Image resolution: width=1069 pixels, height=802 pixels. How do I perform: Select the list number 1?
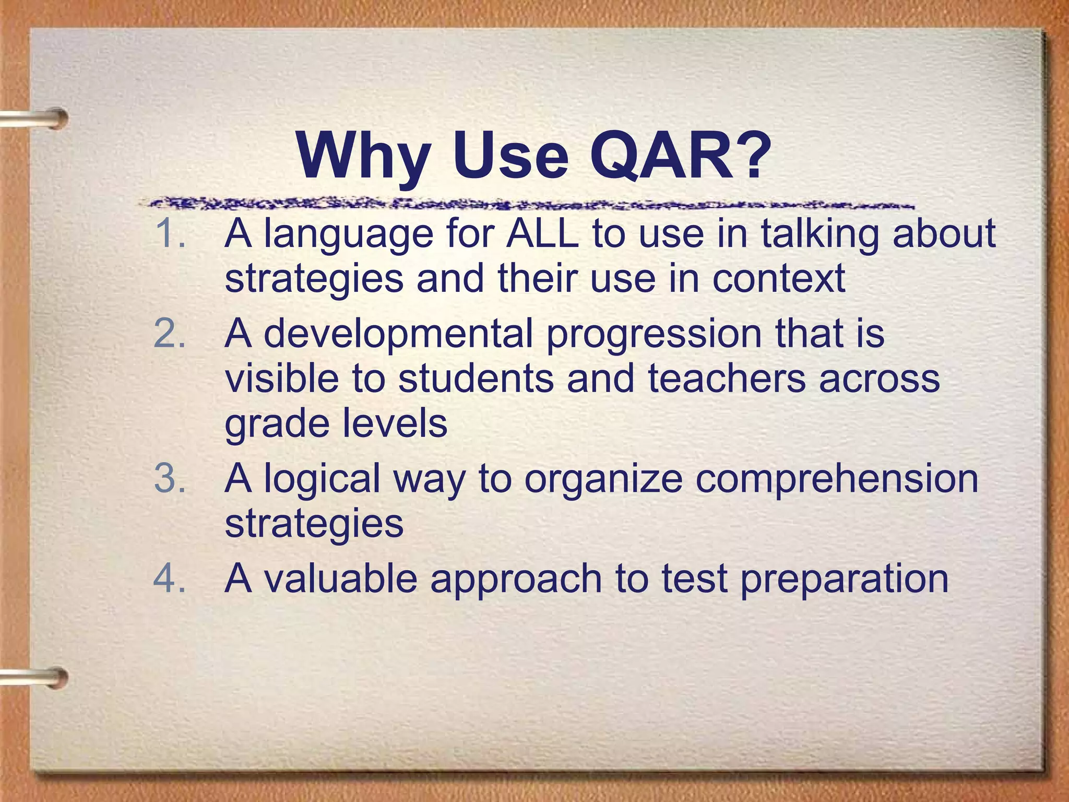[x=170, y=233]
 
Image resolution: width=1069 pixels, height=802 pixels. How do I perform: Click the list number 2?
[x=170, y=333]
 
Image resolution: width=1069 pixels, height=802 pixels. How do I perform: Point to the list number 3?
[x=170, y=478]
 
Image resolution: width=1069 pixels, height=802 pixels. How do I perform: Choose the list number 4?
[x=170, y=579]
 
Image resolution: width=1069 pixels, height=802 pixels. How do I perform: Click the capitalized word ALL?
[x=543, y=233]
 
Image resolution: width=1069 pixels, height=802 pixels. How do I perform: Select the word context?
[x=779, y=278]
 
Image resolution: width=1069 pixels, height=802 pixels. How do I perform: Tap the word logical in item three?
[x=322, y=479]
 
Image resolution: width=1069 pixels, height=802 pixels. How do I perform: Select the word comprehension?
[x=837, y=479]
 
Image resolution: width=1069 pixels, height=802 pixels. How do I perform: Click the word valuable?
[x=340, y=579]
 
